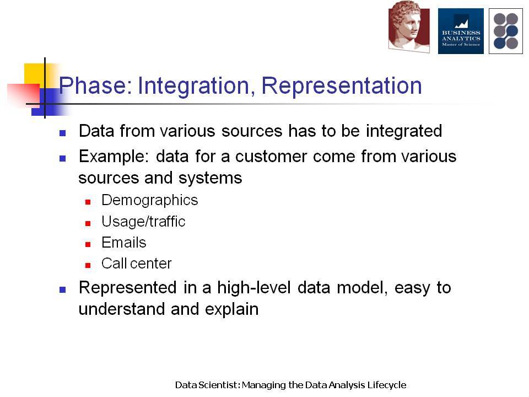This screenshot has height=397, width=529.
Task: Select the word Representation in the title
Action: [x=342, y=86]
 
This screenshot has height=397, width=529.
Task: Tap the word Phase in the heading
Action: [x=95, y=85]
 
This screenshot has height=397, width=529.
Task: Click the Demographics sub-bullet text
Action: [x=149, y=200]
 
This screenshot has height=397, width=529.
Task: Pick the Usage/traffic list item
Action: [x=143, y=222]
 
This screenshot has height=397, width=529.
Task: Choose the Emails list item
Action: [x=124, y=243]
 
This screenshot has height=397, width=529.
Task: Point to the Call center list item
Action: [x=136, y=264]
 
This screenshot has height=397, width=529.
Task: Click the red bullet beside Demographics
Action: [x=88, y=202]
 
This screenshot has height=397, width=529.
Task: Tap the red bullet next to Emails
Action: [x=88, y=244]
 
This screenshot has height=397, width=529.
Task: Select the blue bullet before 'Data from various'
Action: [x=62, y=133]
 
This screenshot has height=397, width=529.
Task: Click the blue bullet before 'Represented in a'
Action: [x=62, y=289]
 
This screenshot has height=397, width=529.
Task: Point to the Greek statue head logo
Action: [x=409, y=27]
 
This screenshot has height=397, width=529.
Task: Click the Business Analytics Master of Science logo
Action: [x=461, y=31]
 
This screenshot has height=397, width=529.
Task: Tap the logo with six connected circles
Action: [x=506, y=31]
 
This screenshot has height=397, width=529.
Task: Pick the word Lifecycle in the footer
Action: [x=387, y=385]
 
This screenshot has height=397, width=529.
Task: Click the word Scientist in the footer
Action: [x=219, y=385]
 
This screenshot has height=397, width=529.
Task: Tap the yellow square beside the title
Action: [x=35, y=75]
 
